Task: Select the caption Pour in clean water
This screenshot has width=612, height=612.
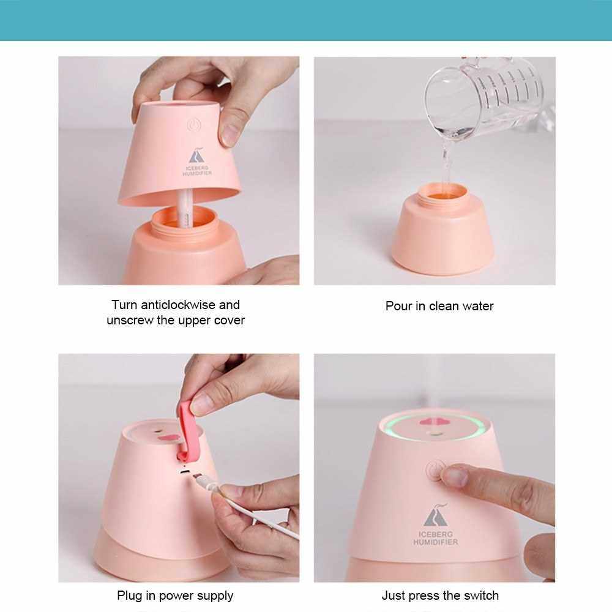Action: pos(439,306)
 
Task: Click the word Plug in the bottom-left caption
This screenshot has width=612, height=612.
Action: pos(130,596)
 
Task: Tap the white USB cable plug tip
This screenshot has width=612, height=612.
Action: pos(198,477)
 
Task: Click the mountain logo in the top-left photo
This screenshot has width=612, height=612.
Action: pos(196,155)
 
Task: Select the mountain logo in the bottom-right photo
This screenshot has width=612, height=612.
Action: pos(435,515)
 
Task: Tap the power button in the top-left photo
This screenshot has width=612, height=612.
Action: pos(193,125)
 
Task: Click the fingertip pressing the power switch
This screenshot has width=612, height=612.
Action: pos(453,476)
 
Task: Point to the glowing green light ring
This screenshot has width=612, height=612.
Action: pos(433,438)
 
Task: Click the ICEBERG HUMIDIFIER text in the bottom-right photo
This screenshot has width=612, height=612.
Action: pos(436,538)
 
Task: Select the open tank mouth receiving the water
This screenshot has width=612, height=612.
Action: pos(442,191)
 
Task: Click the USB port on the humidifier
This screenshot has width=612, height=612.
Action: pos(185,472)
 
